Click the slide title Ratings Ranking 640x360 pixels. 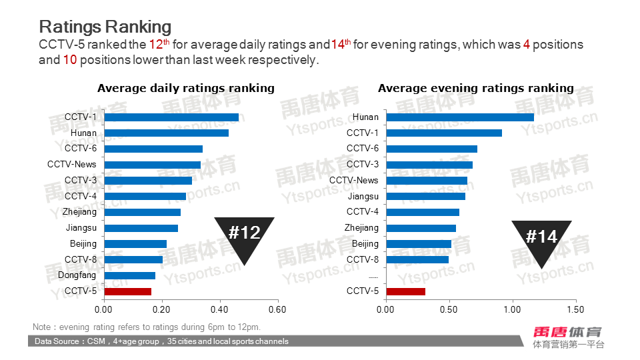(105, 27)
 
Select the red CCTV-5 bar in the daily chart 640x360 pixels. (128, 291)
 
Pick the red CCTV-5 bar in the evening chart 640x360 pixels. (406, 291)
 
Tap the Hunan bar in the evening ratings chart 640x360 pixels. (460, 117)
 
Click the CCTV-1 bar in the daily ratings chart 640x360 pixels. (171, 117)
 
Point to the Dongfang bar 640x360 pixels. (130, 275)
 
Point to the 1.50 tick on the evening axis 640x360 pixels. (575, 309)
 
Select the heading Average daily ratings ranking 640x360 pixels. (186, 88)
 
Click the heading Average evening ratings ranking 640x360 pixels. (476, 88)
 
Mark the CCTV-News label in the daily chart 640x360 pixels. (72, 164)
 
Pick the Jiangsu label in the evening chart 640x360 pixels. (363, 196)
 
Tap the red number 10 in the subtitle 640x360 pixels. (70, 60)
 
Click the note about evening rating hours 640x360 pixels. (147, 327)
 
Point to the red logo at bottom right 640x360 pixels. (568, 331)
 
